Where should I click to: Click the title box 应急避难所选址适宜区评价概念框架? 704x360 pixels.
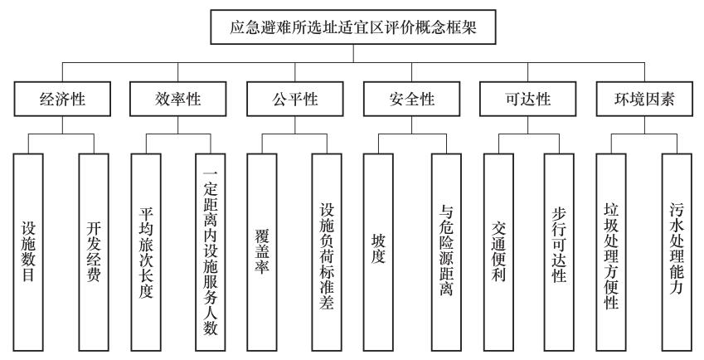(353, 27)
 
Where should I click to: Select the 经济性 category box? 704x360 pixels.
(62, 99)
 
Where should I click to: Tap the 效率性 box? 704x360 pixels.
(177, 99)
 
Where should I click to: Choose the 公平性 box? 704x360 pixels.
(295, 99)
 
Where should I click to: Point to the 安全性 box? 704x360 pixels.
(412, 99)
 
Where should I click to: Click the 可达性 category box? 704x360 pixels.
(528, 99)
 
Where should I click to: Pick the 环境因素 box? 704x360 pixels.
(645, 99)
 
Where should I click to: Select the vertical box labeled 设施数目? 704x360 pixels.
(28, 252)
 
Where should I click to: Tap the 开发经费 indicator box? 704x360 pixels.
(94, 252)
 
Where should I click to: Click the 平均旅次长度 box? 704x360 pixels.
(146, 252)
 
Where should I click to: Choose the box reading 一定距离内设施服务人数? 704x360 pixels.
(211, 252)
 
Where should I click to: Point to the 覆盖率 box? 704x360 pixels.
(262, 252)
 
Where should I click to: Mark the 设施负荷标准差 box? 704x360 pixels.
(327, 252)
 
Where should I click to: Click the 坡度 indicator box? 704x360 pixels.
(378, 252)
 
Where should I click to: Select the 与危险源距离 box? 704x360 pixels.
(447, 252)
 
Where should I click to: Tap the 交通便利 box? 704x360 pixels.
(499, 252)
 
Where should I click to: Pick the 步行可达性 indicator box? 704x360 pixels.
(560, 252)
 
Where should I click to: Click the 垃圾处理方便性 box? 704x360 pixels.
(611, 252)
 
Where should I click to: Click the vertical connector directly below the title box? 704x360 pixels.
(353, 53)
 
